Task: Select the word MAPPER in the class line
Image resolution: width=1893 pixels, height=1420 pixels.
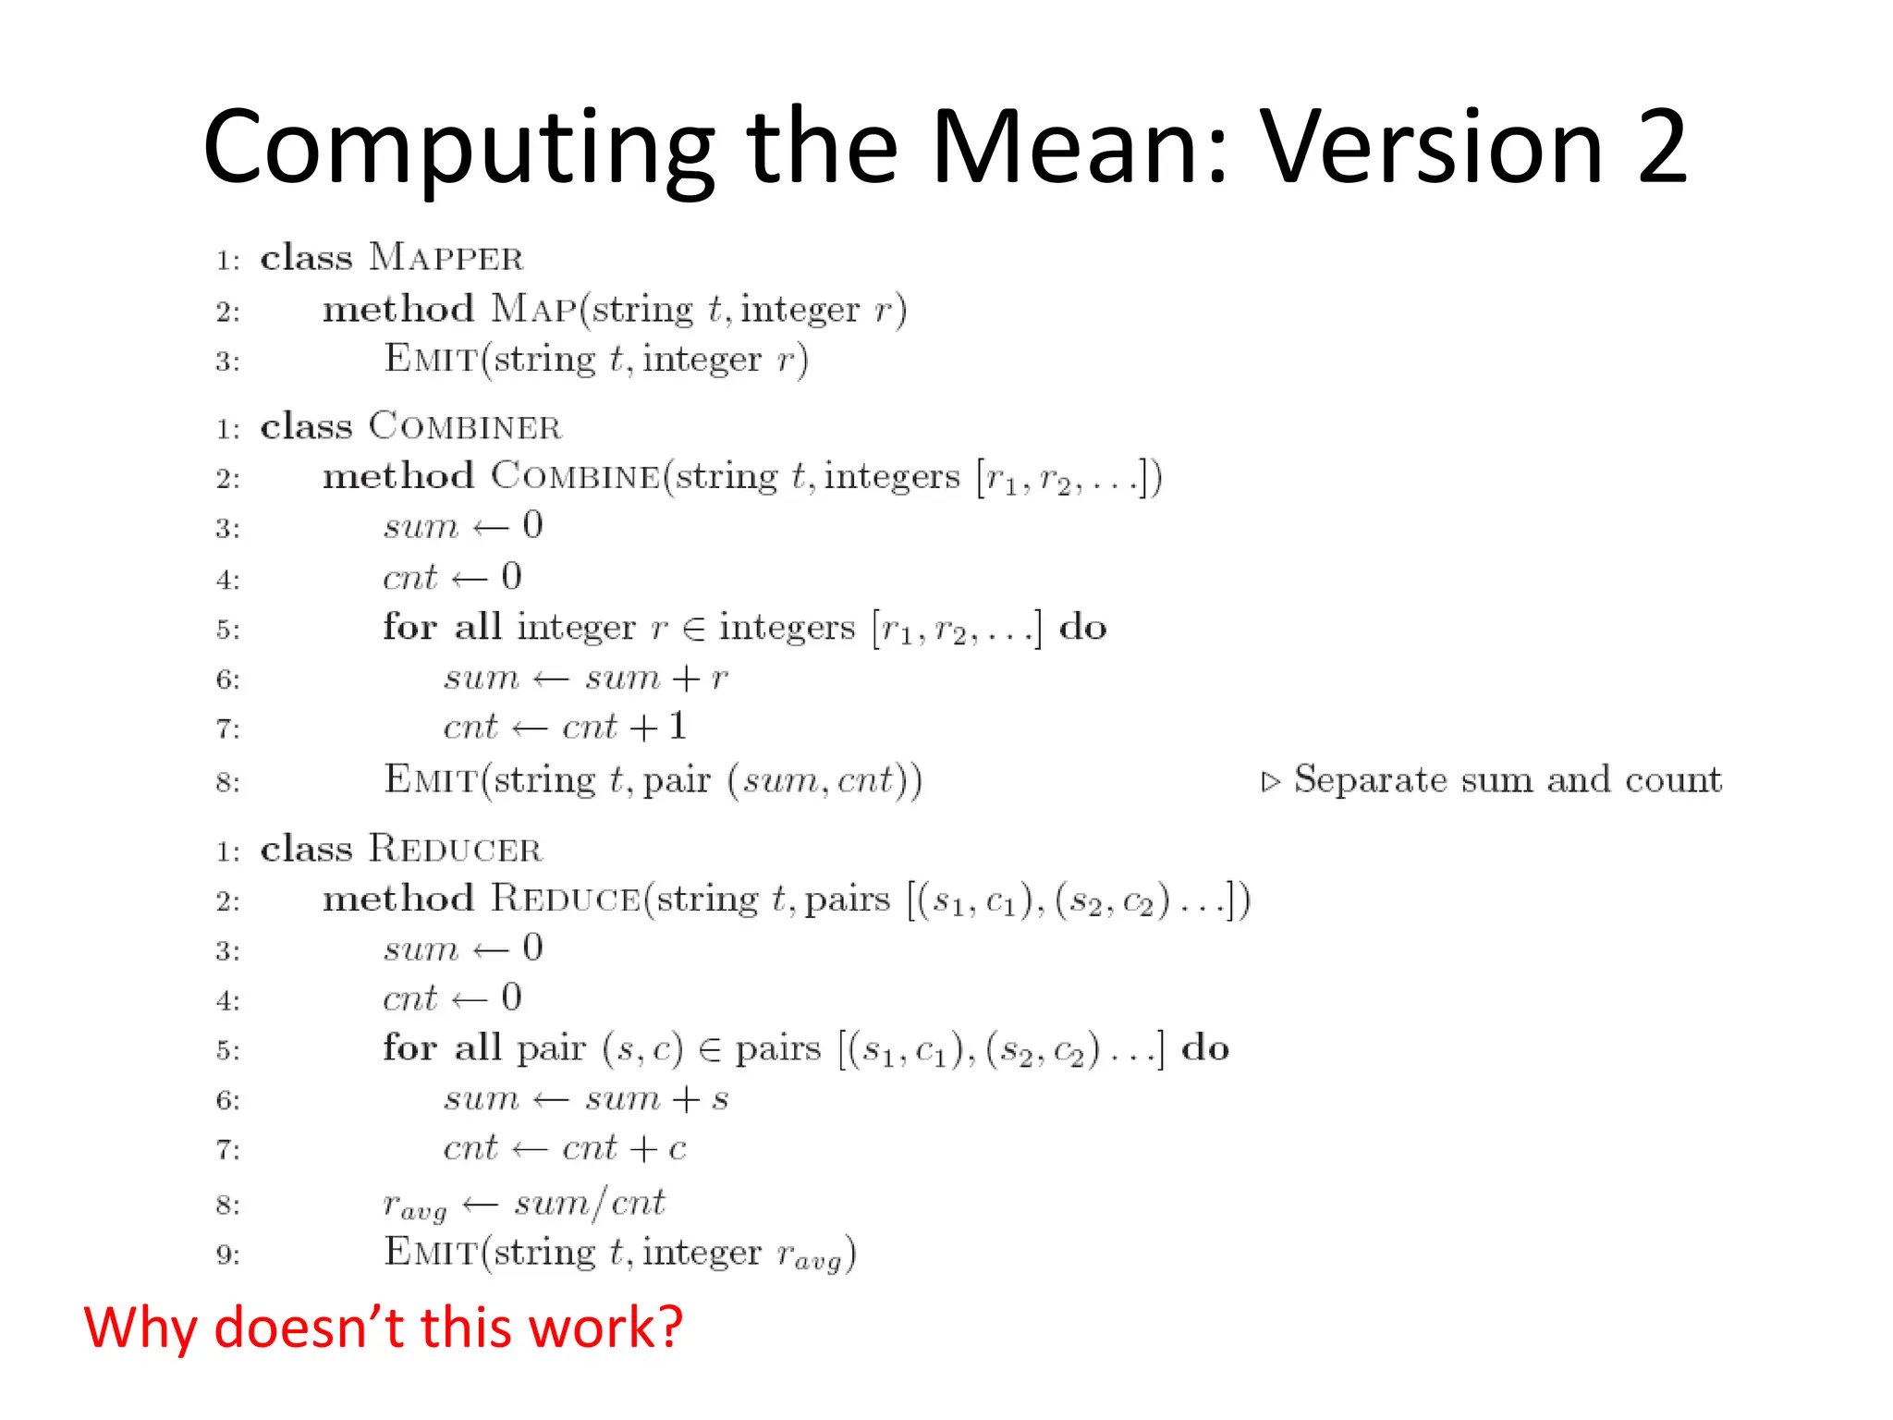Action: coord(446,258)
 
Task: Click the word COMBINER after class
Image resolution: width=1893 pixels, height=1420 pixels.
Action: coord(465,427)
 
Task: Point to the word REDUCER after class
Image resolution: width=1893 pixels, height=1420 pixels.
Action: coord(455,850)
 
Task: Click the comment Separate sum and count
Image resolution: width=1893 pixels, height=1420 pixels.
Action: coord(1507,780)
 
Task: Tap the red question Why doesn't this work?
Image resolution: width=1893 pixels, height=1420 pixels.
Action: coord(383,1328)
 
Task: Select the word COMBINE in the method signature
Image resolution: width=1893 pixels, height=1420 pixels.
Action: coord(575,477)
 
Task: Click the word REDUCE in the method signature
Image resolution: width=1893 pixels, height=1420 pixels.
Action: coord(566,900)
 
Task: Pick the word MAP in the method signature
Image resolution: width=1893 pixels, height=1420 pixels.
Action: coord(533,309)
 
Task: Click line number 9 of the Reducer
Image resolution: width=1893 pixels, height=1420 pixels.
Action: coord(227,1255)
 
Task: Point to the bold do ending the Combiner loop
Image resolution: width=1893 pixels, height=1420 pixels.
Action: coord(1082,628)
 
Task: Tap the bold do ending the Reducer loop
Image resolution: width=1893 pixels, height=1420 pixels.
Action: coord(1205,1048)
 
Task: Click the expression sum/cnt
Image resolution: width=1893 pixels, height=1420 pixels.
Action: coord(590,1204)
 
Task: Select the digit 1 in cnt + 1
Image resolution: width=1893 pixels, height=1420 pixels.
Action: coord(678,727)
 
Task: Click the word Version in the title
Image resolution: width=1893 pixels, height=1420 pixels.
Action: coord(1432,148)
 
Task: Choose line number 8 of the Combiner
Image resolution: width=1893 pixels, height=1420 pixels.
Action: coord(227,783)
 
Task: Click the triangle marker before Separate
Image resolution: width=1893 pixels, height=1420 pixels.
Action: coord(1271,782)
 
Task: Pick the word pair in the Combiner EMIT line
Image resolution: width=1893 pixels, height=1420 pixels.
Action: coord(676,782)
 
